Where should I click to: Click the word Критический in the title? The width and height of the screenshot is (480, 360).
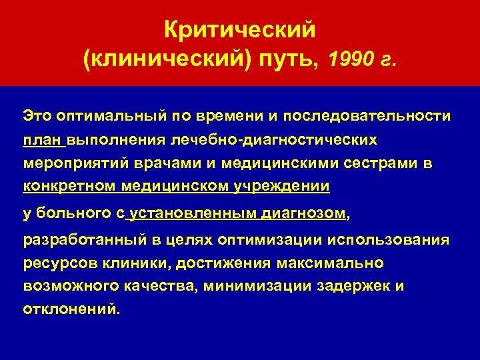[240, 29]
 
